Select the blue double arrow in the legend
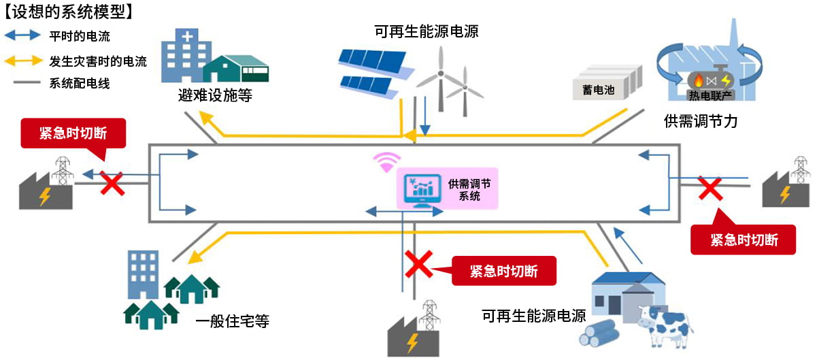pos(21,37)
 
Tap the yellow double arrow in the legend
pos(21,61)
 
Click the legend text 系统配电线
pos(80,84)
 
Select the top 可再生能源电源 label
pos(427,30)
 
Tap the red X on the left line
pos(112,183)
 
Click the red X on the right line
pos(711,188)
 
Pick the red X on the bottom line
pos(418,264)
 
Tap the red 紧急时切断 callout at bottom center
pos(503,272)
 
